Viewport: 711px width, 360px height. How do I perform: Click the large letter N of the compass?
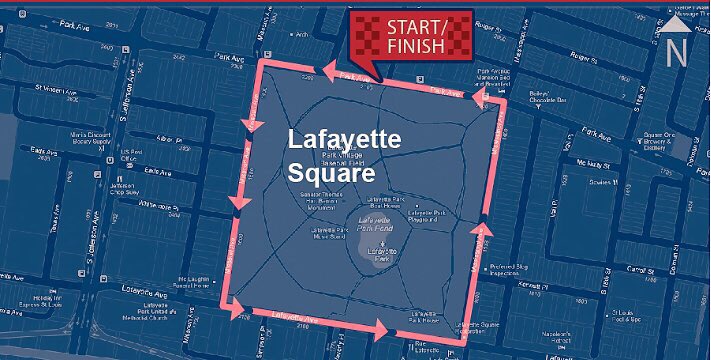676,54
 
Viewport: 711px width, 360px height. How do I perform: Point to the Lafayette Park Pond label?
373,224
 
